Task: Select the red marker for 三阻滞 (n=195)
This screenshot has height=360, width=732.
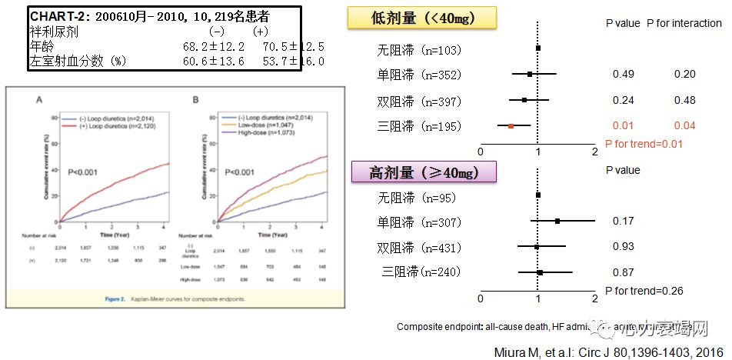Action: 511,125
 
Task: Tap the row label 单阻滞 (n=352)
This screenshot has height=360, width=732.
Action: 419,75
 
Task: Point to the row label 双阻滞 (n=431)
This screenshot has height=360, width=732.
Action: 419,248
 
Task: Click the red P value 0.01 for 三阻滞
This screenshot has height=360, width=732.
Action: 622,125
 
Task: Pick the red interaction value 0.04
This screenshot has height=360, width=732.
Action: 684,125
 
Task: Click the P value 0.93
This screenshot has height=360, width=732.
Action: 624,246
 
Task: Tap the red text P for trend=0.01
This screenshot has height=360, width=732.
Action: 643,143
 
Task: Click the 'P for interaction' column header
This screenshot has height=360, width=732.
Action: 684,23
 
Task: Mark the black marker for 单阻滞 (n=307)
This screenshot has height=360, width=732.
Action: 557,222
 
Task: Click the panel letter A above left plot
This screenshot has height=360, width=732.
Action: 39,99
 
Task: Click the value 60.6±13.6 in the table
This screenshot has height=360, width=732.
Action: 213,61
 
